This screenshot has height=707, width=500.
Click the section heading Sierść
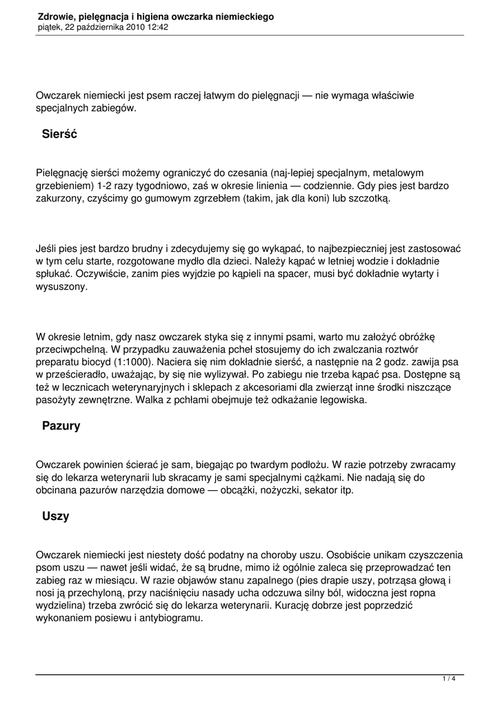(x=59, y=134)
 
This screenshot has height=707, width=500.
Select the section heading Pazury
(x=61, y=426)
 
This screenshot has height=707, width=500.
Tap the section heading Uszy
(x=56, y=516)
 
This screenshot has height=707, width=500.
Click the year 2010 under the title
(x=133, y=27)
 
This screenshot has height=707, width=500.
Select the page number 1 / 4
(x=448, y=679)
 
